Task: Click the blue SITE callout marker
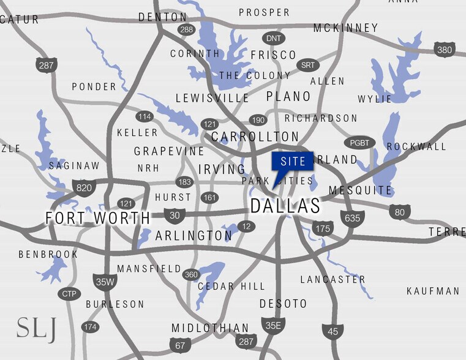click(292, 162)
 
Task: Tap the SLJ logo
click(36, 329)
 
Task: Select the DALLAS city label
click(285, 207)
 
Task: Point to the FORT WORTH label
click(98, 218)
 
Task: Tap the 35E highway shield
click(271, 326)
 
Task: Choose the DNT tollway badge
click(274, 38)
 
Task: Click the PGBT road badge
click(359, 143)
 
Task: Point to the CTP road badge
click(68, 294)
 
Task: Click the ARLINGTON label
click(194, 236)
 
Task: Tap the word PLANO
click(288, 97)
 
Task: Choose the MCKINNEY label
click(345, 28)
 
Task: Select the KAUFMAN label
click(433, 291)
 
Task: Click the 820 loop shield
click(83, 187)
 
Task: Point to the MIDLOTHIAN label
click(210, 328)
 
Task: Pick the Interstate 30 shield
click(175, 215)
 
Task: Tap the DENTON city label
click(162, 17)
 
